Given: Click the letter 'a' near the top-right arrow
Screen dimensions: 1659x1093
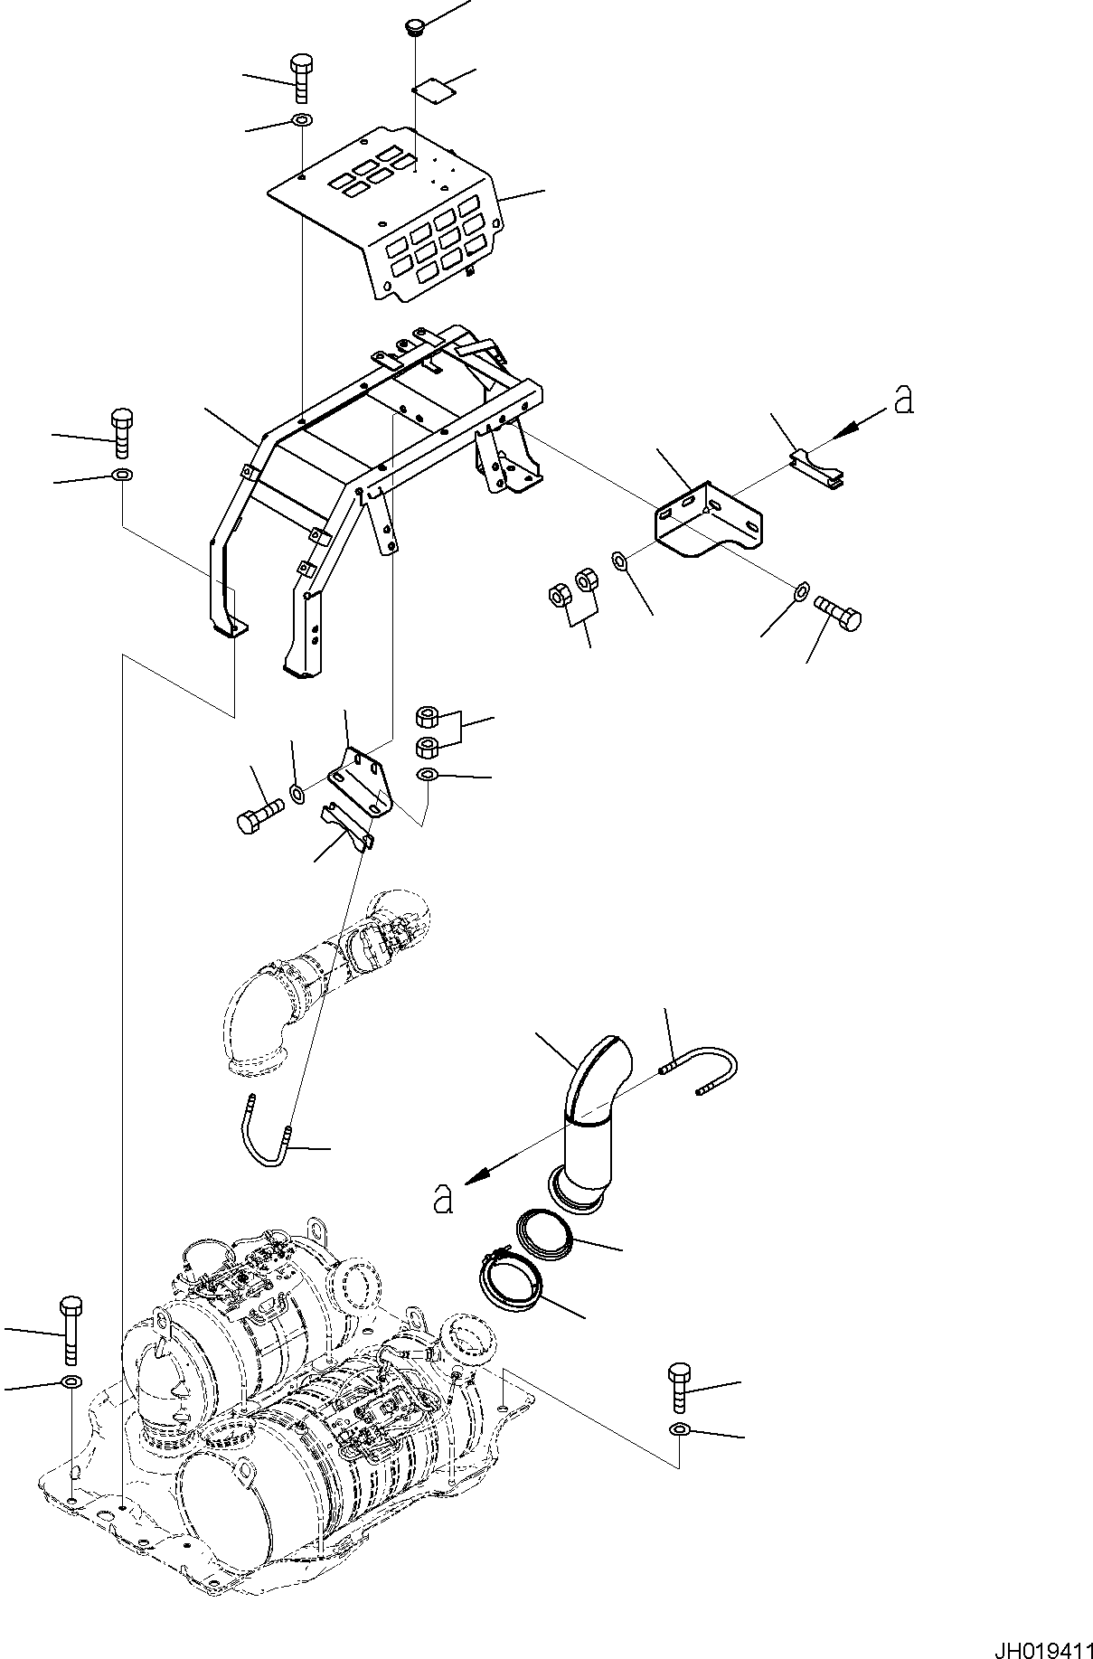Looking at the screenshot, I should coord(902,400).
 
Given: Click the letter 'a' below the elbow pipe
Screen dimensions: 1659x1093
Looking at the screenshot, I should coord(442,1198).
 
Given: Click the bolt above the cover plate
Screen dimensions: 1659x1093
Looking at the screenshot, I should coord(302,80).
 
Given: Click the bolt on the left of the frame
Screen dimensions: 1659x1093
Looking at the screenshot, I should coord(121,435).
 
